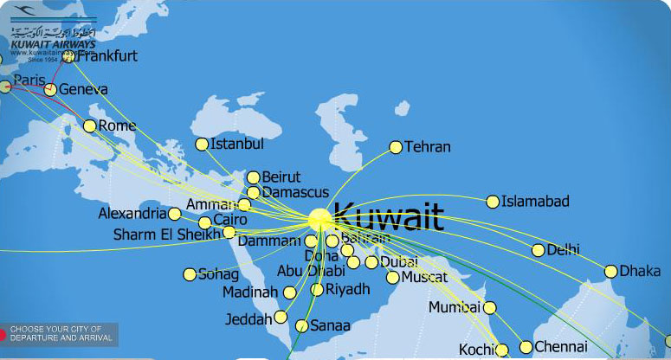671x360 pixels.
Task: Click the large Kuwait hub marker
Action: [319, 218]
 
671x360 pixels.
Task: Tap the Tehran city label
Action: [428, 147]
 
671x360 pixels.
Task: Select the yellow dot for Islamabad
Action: [493, 202]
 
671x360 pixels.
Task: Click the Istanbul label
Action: [236, 144]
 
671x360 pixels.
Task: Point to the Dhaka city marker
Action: [611, 271]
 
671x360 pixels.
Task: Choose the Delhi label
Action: [563, 250]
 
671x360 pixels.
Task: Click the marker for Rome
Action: [90, 126]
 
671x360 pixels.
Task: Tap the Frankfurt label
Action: [107, 56]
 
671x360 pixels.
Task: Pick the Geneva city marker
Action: [50, 89]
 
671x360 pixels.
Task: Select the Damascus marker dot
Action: [253, 193]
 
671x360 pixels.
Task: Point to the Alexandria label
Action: [132, 213]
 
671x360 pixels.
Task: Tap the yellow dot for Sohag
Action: [190, 274]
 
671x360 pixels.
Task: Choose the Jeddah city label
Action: [248, 318]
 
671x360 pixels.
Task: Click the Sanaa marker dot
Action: [301, 326]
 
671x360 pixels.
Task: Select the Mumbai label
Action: [454, 307]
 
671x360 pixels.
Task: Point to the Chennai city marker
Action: [526, 347]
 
